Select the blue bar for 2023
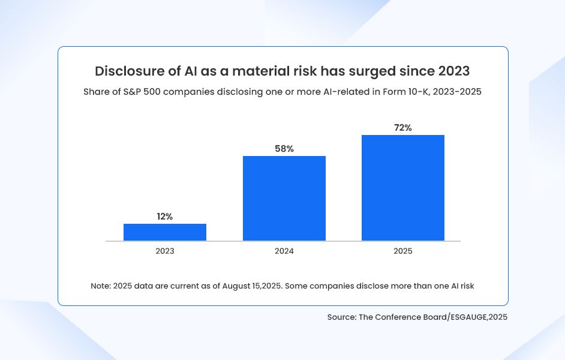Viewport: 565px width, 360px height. point(165,232)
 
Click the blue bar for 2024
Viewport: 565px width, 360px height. point(284,198)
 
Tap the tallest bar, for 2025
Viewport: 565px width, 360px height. point(403,188)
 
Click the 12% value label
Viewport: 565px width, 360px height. point(165,217)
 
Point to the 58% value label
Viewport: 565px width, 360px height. point(284,149)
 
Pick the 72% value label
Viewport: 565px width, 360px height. point(403,128)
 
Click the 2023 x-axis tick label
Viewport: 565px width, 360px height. point(165,251)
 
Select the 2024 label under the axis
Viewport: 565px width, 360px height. point(284,251)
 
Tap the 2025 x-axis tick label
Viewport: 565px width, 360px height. point(403,251)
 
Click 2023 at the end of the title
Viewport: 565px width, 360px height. point(454,71)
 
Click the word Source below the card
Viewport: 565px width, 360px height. point(341,317)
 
